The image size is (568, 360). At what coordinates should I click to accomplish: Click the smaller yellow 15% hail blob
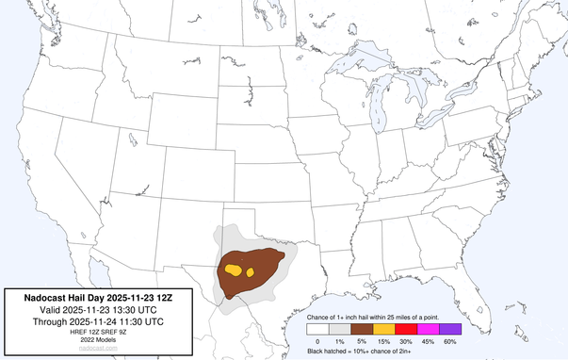pos(252,272)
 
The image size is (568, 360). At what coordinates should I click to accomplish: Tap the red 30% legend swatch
pos(407,329)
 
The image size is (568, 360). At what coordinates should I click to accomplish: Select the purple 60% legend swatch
pos(450,329)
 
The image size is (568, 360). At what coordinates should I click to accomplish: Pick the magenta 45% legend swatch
pos(429,329)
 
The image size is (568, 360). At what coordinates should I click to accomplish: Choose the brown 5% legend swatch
pos(362,329)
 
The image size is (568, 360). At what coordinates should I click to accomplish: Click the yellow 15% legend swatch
pos(384,329)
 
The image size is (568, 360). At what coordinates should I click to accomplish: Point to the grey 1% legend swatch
pos(340,329)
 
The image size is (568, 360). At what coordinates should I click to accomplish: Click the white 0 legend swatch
pos(317,329)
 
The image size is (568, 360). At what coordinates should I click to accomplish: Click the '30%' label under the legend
pos(407,340)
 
